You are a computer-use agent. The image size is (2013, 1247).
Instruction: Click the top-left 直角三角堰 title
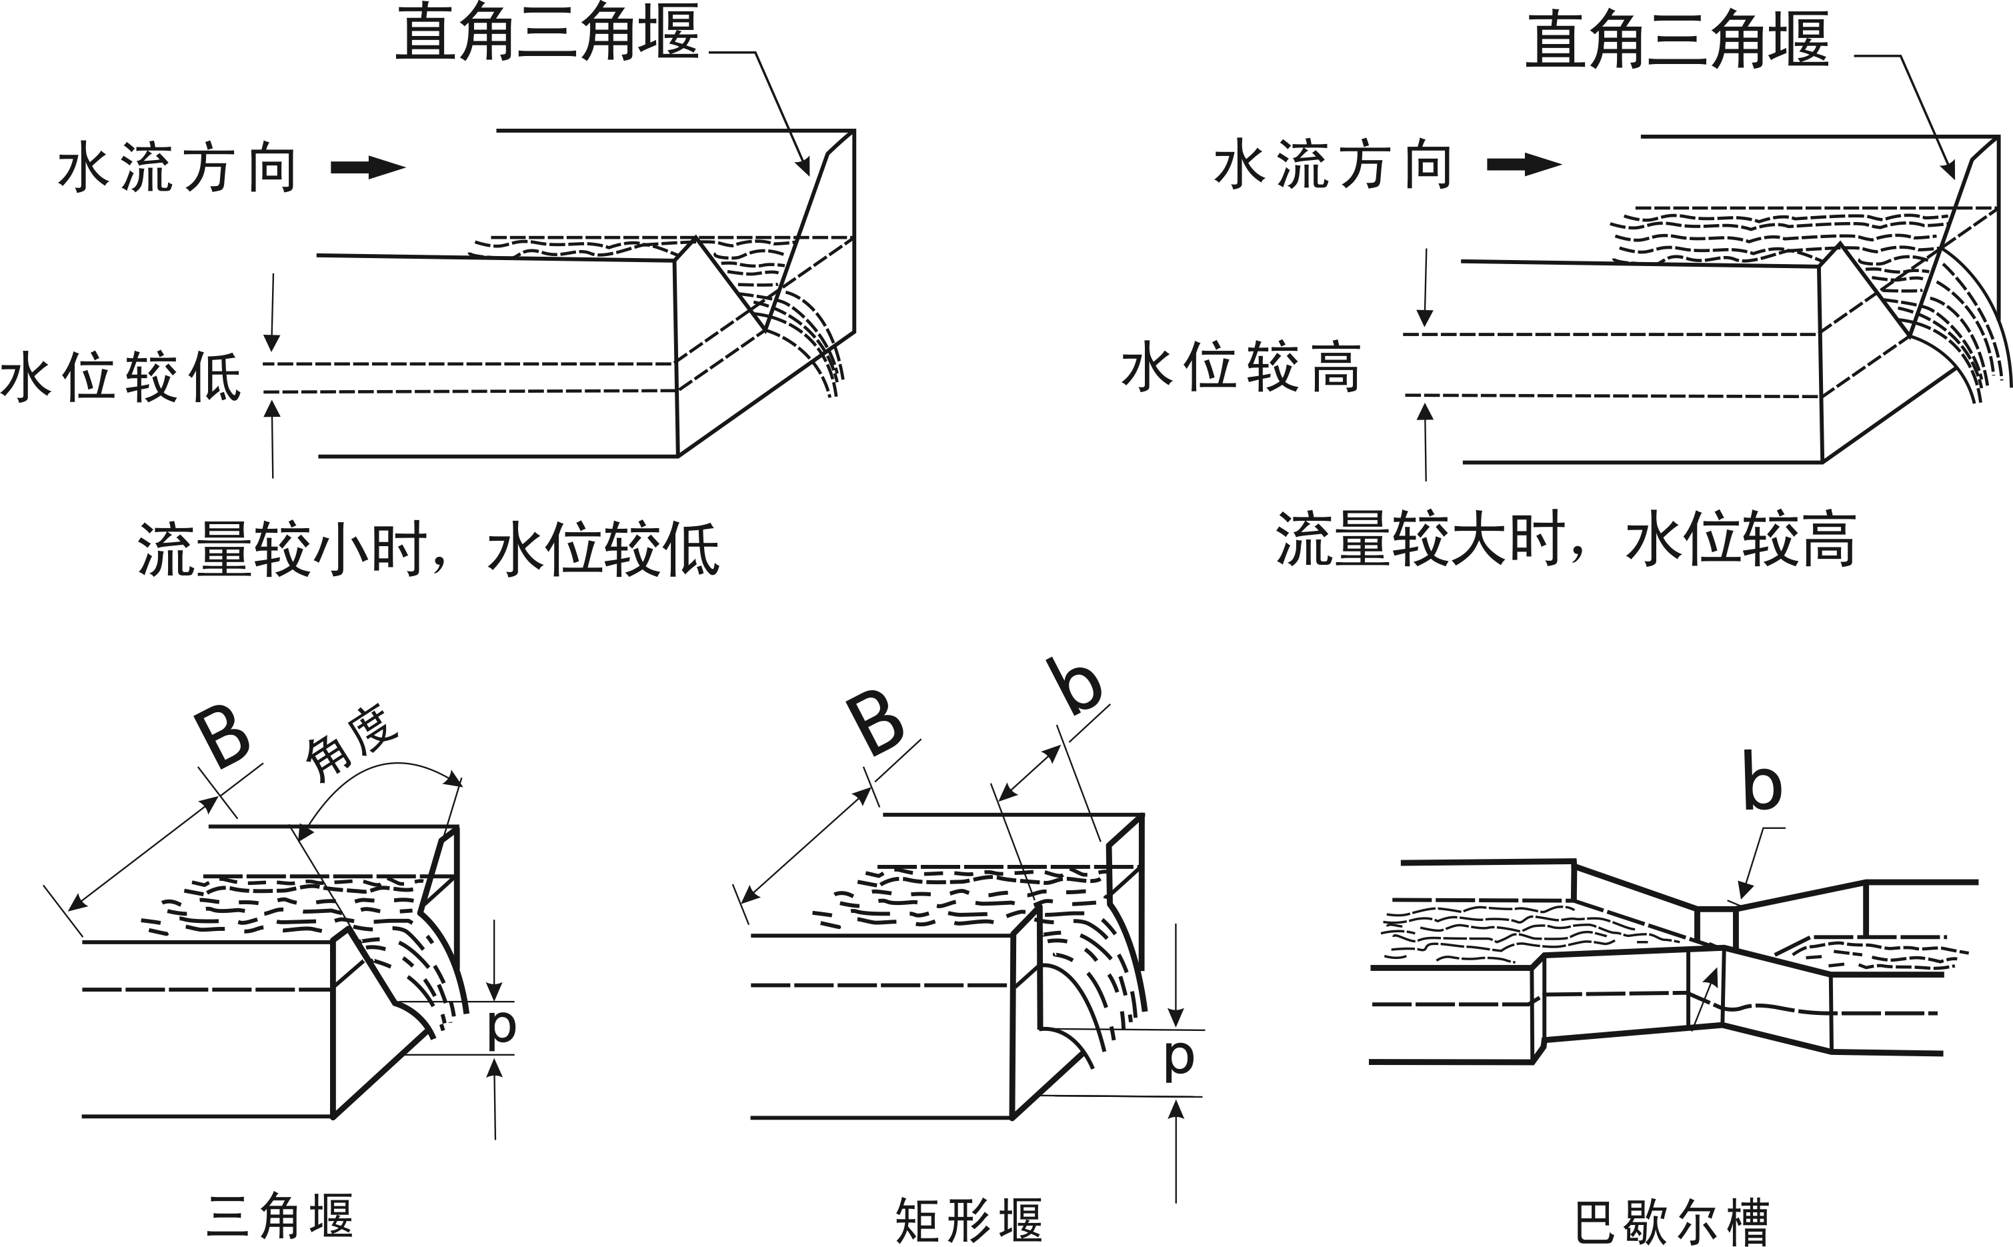[x=547, y=33]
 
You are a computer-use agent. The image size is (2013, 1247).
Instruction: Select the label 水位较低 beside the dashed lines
[x=121, y=377]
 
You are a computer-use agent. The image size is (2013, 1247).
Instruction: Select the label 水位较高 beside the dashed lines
[x=1240, y=367]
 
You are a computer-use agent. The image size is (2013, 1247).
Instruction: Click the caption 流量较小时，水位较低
[x=428, y=548]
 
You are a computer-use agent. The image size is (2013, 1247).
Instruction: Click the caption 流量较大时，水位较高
[x=1565, y=540]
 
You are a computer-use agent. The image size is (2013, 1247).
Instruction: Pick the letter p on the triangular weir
[x=501, y=1028]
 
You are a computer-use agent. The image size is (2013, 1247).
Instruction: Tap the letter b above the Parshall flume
[x=1762, y=781]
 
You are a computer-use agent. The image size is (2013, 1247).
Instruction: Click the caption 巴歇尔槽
[x=1672, y=1222]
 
